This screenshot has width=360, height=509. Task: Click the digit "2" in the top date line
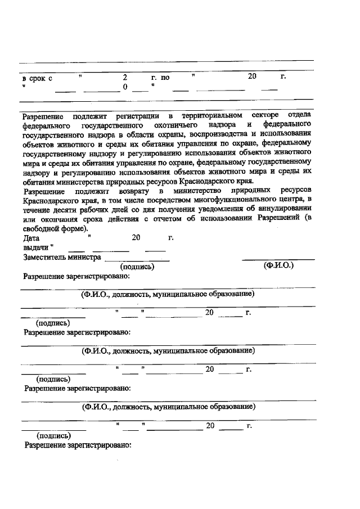[125, 77]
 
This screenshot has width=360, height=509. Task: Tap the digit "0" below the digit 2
[125, 87]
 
